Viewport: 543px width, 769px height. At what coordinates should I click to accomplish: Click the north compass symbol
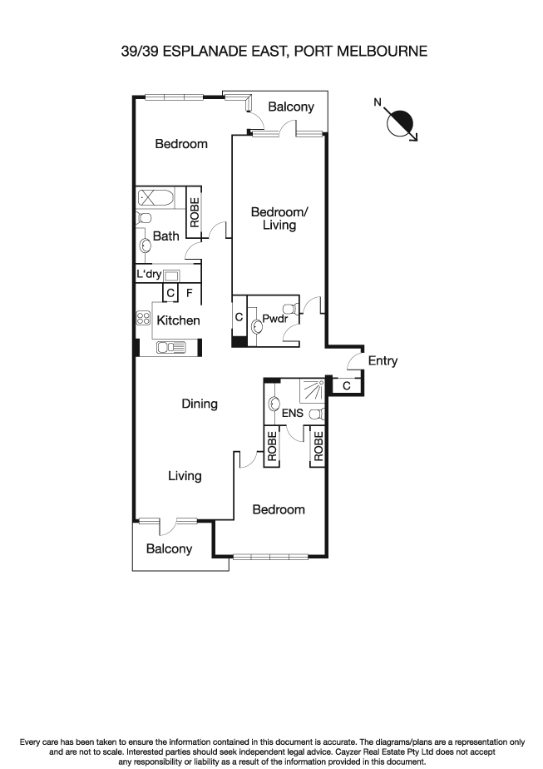click(402, 123)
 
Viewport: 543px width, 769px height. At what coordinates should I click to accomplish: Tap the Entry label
click(383, 361)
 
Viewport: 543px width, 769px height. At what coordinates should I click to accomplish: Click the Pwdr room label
click(274, 319)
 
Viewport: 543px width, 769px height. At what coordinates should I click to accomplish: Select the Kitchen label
click(179, 320)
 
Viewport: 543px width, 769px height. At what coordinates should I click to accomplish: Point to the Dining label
click(200, 404)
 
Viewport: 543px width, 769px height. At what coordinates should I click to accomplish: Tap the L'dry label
click(149, 275)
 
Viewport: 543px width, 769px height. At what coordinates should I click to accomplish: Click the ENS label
click(291, 413)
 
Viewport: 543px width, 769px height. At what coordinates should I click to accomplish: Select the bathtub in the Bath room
click(155, 199)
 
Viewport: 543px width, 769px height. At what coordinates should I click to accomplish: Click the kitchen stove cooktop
click(142, 318)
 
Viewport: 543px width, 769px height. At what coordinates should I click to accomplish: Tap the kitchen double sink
click(170, 347)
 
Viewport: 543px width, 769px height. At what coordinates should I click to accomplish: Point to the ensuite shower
click(313, 389)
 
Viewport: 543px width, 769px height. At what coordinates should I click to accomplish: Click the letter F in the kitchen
click(190, 293)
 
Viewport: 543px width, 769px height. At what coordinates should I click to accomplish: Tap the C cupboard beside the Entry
click(346, 385)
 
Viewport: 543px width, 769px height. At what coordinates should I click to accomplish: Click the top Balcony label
click(291, 107)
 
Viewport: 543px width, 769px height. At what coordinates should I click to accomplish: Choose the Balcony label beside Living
click(169, 548)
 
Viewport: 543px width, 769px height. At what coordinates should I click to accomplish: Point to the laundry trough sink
click(174, 275)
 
